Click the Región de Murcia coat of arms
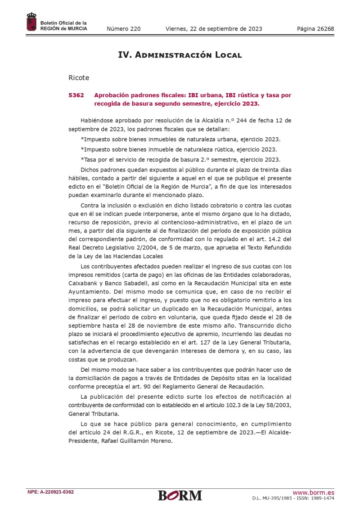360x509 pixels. tap(31, 22)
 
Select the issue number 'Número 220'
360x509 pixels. tap(124, 29)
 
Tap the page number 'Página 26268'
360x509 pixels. tap(315, 29)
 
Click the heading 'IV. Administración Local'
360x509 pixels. tap(180, 55)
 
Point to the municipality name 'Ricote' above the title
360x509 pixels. tap(79, 78)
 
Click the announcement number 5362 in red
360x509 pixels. tap(76, 95)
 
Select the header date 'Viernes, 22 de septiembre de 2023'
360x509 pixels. tap(214, 29)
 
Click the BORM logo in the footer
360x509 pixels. tap(180, 495)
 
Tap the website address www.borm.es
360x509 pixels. tap(314, 492)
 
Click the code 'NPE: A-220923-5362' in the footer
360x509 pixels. tap(51, 492)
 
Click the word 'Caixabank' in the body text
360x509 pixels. tap(82, 284)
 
